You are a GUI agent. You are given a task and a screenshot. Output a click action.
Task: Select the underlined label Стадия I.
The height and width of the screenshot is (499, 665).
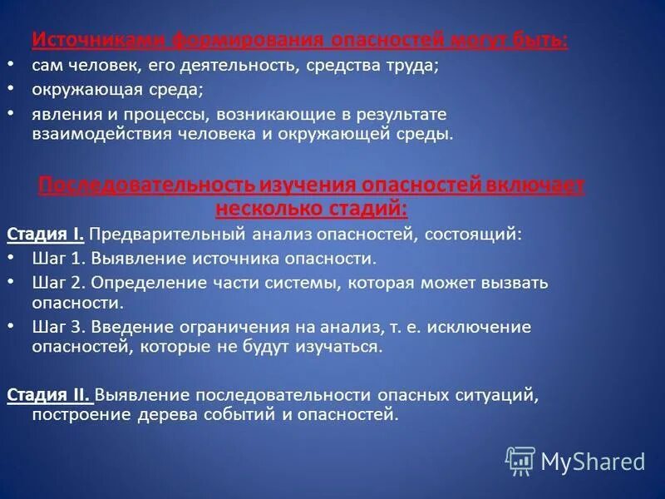click(45, 235)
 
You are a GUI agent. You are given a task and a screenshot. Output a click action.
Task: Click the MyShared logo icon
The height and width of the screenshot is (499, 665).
click(520, 461)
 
